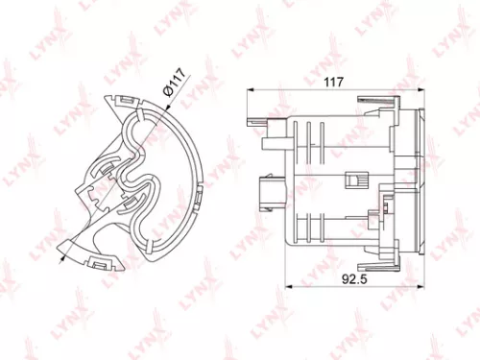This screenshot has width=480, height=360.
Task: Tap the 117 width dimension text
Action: pyautogui.click(x=333, y=83)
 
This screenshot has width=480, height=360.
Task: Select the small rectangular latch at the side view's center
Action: pyautogui.click(x=352, y=180)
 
